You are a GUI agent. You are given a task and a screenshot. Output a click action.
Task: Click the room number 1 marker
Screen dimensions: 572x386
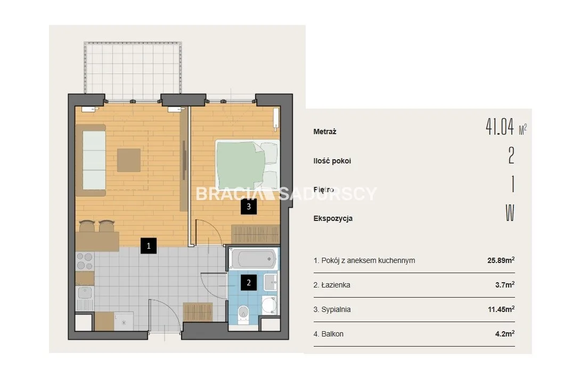(149, 245)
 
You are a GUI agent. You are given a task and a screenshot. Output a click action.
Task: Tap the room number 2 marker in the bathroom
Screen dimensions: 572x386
(249, 282)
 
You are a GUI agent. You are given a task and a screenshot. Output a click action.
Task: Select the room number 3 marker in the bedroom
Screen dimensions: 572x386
(249, 206)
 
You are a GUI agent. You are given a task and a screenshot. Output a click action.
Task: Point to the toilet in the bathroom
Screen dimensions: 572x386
(243, 314)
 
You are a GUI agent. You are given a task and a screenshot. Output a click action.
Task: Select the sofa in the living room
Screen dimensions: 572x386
(91, 160)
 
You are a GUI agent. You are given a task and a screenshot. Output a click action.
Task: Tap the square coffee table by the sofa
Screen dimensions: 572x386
(129, 160)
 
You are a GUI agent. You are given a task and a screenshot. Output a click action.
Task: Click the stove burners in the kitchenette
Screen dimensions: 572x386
(85, 261)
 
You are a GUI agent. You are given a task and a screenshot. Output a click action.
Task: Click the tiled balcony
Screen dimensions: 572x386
(133, 71)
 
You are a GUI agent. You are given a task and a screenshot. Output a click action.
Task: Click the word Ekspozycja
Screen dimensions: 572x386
(333, 218)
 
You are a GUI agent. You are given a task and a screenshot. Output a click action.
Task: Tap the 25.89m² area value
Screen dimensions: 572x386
(501, 260)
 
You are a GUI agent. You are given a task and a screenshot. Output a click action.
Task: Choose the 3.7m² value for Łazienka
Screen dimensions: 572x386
(505, 284)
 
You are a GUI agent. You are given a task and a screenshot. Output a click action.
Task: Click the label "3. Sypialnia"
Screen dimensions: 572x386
(332, 309)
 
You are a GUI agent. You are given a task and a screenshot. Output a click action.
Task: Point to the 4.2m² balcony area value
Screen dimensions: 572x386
(505, 333)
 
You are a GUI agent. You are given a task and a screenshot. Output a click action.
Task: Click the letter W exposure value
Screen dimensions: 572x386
(510, 213)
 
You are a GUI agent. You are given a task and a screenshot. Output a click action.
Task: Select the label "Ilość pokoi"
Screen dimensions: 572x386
(332, 161)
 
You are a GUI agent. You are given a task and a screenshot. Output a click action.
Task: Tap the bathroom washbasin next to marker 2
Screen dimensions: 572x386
(270, 282)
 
